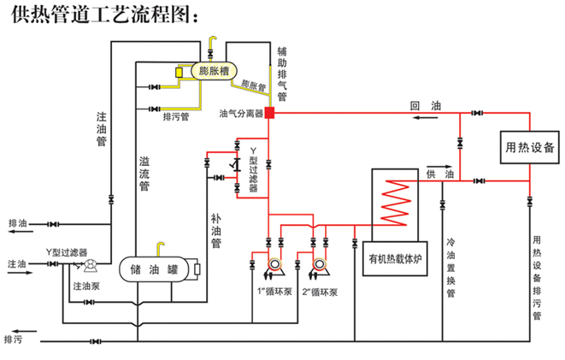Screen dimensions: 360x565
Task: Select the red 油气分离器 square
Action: tap(268, 112)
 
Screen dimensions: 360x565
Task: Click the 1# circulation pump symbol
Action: tap(274, 268)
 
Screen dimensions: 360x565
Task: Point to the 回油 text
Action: tap(425, 105)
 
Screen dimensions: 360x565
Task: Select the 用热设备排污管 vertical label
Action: tap(537, 278)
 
